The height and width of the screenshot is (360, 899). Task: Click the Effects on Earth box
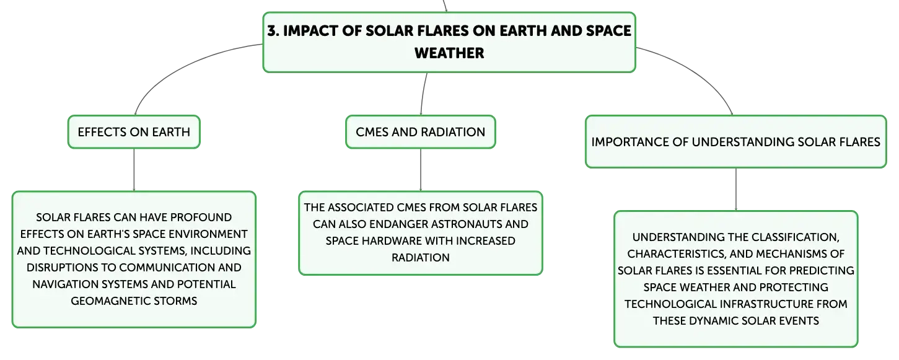tap(134, 132)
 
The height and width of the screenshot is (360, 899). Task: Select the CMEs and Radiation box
tap(421, 132)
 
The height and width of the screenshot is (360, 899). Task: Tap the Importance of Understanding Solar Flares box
tap(735, 142)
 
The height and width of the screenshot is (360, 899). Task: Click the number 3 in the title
tap(272, 31)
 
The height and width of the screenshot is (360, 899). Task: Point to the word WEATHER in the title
tap(449, 53)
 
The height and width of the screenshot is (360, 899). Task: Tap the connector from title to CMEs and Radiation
tap(423, 94)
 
